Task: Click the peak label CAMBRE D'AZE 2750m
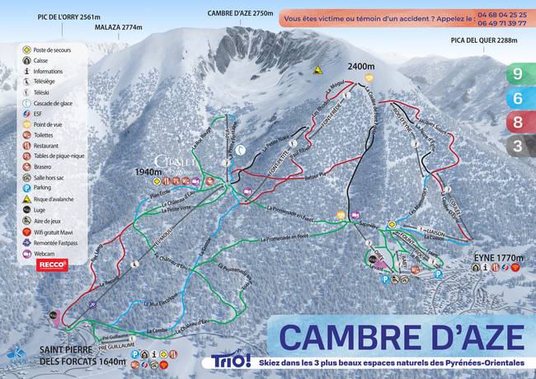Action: pos(240,13)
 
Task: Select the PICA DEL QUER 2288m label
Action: pos(485,40)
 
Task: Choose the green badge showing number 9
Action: pos(516,73)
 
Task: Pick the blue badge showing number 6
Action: pos(516,98)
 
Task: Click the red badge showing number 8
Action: pos(516,123)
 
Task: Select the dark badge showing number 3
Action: pos(516,147)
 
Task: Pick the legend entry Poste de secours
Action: pos(58,49)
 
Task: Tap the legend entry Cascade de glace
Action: pos(59,103)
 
